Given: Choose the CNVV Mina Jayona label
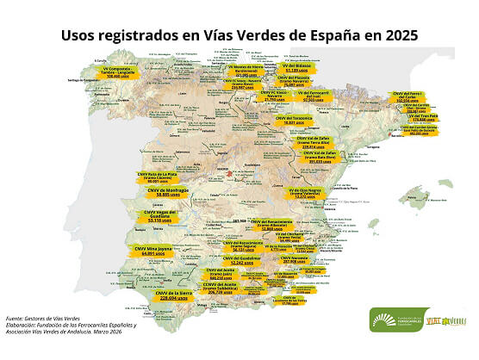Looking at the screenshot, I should [x=152, y=251].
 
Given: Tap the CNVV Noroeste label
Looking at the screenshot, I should [x=302, y=260].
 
